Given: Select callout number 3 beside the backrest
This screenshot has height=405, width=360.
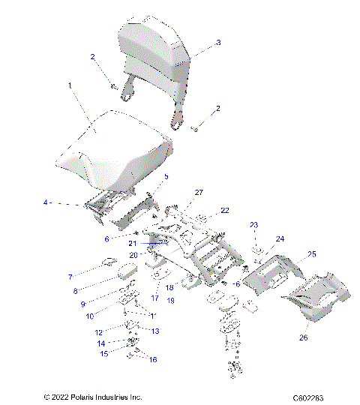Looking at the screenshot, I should tap(218, 43).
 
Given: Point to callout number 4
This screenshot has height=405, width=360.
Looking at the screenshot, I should tap(45, 202).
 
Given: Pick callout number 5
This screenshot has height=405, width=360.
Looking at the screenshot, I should tap(166, 177).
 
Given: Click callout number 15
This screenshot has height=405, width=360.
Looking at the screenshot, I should tap(105, 352).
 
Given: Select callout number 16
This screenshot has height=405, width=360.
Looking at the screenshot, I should tap(154, 360).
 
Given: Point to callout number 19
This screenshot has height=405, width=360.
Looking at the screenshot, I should tap(170, 300).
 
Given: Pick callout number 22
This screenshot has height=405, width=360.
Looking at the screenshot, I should tap(224, 210).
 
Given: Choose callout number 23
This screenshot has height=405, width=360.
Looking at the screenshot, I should tap(253, 225).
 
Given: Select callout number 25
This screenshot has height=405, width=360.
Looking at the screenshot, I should tap(313, 254).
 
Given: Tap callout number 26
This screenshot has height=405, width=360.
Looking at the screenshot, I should tap(304, 337).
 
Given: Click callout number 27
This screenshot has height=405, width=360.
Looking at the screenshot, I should tap(199, 193).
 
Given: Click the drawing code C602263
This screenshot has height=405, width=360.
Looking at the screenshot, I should tap(313, 397).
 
